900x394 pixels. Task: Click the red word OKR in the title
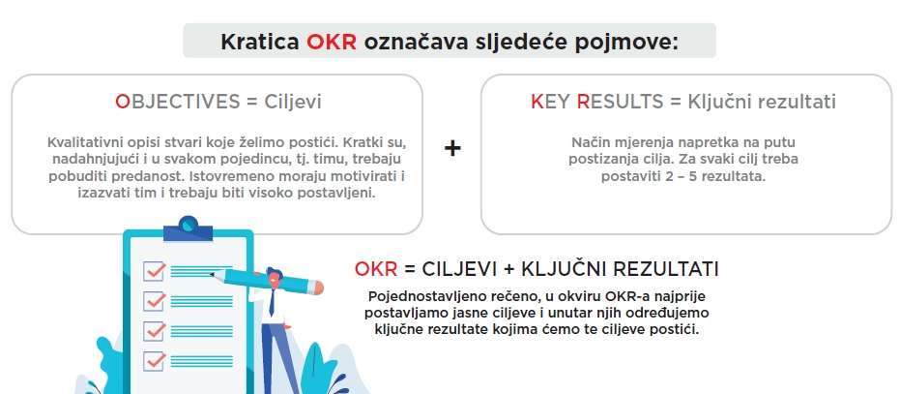[332, 42]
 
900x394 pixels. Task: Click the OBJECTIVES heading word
[177, 102]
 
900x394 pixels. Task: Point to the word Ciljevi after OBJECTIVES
[293, 102]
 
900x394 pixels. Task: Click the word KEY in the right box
[550, 102]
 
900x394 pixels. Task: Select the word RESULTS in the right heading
[620, 102]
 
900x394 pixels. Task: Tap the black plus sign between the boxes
[452, 148]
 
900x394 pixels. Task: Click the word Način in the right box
[589, 142]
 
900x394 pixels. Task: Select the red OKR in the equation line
[376, 268]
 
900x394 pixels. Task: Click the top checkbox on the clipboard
[155, 270]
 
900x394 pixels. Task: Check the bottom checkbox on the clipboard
[155, 361]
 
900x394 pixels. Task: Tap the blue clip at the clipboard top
[188, 228]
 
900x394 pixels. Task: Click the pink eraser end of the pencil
[317, 287]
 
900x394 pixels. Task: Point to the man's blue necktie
[272, 300]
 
